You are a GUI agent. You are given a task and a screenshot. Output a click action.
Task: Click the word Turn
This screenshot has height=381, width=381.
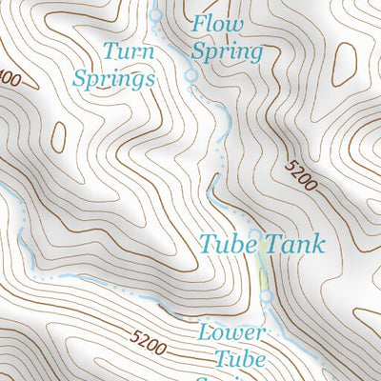click(129, 50)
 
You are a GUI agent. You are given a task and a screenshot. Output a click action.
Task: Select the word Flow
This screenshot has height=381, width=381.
click(218, 24)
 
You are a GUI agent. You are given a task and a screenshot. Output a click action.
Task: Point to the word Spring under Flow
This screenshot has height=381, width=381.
click(227, 51)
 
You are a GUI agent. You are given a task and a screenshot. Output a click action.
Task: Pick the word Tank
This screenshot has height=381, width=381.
click(293, 244)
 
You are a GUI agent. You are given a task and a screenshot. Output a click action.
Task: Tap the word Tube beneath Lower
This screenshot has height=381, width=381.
click(239, 359)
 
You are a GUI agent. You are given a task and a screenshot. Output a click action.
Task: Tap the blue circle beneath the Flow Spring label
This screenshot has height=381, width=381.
click(190, 74)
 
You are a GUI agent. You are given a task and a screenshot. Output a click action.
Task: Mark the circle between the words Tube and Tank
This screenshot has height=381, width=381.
click(254, 234)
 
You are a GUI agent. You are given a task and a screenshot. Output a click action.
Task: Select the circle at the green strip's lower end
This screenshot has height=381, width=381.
click(267, 295)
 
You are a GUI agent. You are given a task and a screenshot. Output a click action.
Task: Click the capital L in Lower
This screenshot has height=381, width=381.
click(204, 332)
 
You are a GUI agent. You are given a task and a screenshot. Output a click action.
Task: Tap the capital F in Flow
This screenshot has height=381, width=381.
click(199, 24)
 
